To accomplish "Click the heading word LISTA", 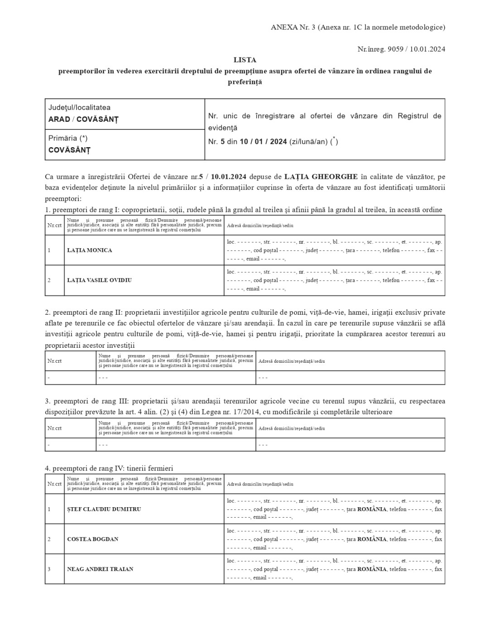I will point(245,60).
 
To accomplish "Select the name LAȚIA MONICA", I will point(89,250).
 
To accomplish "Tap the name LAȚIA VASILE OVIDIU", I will point(99,280).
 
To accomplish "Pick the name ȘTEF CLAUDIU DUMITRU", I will point(104,509).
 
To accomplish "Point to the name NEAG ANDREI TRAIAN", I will point(100,569).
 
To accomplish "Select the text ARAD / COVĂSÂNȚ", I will point(83,120).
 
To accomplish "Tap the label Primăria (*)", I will point(68,138).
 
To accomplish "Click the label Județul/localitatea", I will point(79,108).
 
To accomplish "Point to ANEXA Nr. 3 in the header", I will point(293,27).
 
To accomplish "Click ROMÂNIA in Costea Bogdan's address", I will point(372,539).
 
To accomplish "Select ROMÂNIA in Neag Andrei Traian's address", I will point(372,569).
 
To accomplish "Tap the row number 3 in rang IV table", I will point(49,569).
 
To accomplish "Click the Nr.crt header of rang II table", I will point(54,361).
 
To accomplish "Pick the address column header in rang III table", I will point(291,428).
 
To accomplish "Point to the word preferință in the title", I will point(245,82).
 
